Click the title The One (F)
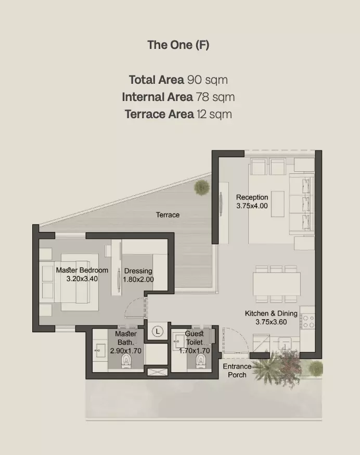click(x=178, y=45)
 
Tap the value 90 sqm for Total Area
click(x=208, y=80)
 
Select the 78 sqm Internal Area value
click(x=215, y=97)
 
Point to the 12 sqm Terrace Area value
click(x=214, y=114)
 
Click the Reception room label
click(x=252, y=197)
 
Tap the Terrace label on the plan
click(x=168, y=214)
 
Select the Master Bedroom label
click(x=82, y=270)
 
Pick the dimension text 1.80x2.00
click(x=138, y=280)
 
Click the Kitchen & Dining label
click(x=271, y=313)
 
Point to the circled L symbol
click(x=158, y=331)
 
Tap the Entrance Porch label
click(x=237, y=371)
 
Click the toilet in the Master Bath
click(x=125, y=360)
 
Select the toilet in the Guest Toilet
click(x=200, y=359)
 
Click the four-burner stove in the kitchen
click(x=308, y=321)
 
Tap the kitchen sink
click(x=285, y=344)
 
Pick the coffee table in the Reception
click(x=278, y=204)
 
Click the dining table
click(x=276, y=284)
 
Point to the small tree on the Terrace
click(x=202, y=187)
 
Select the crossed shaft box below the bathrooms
click(x=158, y=372)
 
